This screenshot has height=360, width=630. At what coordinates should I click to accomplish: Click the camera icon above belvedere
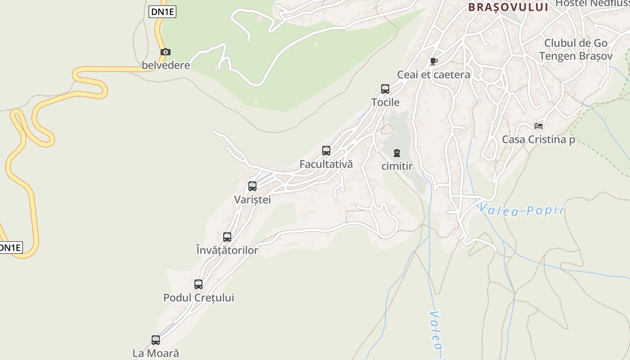point(166,52)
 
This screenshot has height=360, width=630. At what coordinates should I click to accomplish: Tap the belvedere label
point(166,65)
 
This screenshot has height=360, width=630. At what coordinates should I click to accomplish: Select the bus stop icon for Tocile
point(385,89)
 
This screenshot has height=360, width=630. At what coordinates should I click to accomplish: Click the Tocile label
point(385,102)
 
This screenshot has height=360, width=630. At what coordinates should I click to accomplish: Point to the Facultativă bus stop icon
point(326,151)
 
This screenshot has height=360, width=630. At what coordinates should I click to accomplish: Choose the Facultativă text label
point(326,164)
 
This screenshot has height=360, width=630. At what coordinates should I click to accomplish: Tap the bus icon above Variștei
point(252,186)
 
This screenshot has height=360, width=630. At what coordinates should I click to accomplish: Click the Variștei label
point(252,199)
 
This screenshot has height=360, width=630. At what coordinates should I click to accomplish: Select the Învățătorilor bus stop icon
point(227,237)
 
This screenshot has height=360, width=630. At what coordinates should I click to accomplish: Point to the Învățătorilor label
point(227,250)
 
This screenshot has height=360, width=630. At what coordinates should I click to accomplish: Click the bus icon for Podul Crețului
point(198,284)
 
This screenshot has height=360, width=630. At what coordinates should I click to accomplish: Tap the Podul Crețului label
point(198,297)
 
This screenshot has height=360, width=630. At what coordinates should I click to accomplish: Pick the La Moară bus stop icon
point(156,340)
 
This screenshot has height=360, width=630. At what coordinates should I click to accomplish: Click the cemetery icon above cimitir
point(397,153)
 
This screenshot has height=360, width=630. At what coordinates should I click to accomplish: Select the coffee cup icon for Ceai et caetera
point(433,61)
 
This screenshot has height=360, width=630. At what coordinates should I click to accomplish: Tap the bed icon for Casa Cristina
point(539,126)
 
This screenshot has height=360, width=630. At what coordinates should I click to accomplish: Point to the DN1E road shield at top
point(162,12)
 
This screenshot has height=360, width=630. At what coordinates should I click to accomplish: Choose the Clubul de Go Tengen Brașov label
point(576,49)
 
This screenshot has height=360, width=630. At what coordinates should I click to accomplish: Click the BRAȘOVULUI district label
point(508,7)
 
